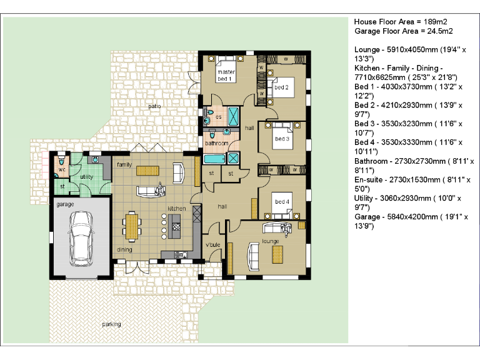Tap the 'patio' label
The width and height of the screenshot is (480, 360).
154,106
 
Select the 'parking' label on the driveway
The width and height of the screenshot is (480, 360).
111,324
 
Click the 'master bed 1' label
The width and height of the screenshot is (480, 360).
226,75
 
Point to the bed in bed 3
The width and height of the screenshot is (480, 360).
282,136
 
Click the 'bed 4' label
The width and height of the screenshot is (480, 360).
282,201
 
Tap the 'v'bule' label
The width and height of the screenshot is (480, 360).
212,244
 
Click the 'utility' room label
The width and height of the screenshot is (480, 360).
87,177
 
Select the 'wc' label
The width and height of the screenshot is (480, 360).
62,169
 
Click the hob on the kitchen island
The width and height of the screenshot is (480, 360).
176,227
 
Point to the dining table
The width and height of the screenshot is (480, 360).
132,226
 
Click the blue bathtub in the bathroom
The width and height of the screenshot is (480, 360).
214,159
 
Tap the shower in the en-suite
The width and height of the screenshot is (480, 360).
233,116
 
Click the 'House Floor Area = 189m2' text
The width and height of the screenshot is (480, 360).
401,22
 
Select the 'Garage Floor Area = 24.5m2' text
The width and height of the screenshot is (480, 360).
404,31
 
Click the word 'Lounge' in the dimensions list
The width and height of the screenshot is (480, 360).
367,50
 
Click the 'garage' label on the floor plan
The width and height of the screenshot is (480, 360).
65,204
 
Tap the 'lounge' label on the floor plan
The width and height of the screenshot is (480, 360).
270,241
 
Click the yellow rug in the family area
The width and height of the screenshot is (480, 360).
147,171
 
